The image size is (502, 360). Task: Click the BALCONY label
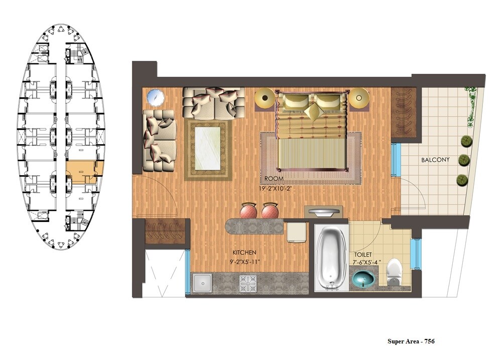(435, 160)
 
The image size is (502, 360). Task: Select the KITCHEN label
(244, 253)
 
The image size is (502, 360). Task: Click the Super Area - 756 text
(411, 341)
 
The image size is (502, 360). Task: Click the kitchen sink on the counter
(204, 283)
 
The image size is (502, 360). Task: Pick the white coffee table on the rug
(208, 149)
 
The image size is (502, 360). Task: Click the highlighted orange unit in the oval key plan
(84, 170)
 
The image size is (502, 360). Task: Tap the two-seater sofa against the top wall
(213, 102)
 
